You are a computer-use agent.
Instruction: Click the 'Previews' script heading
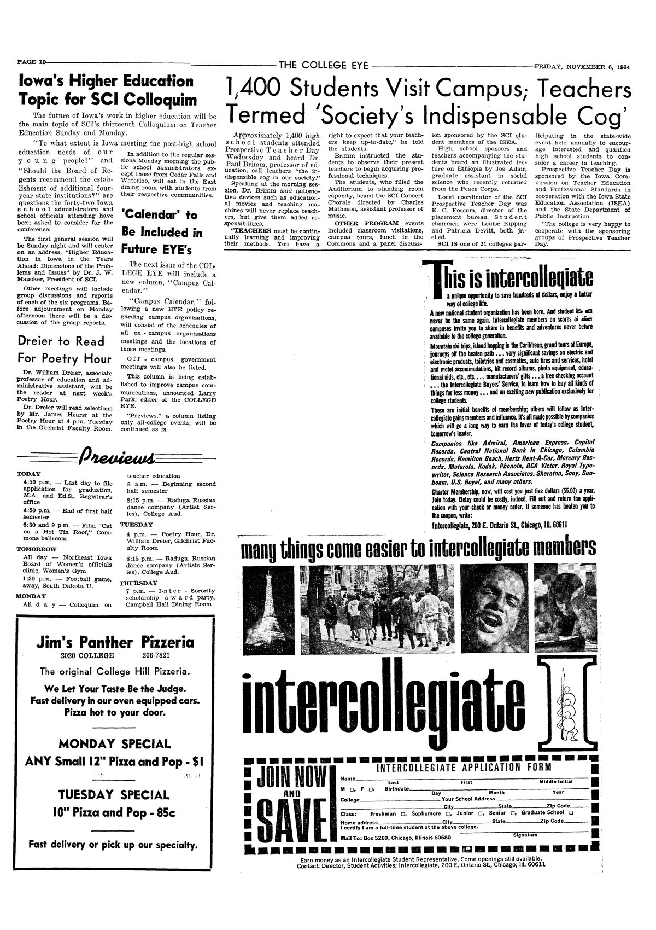click(117, 455)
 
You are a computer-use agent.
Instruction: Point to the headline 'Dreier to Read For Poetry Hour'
click(61, 350)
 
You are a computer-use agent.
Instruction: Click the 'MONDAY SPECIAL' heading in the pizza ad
click(114, 744)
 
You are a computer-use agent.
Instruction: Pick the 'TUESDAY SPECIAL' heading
click(114, 795)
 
